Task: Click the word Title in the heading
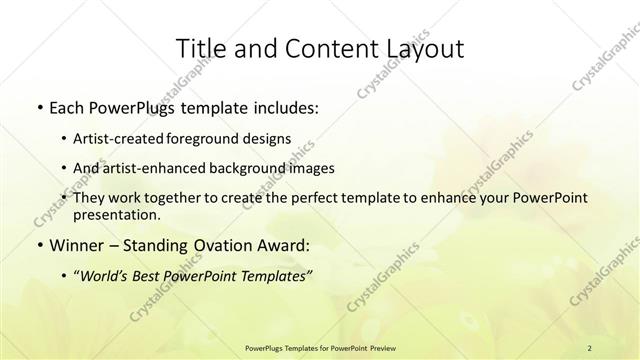199,49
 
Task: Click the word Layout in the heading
419,49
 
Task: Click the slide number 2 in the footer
590,347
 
